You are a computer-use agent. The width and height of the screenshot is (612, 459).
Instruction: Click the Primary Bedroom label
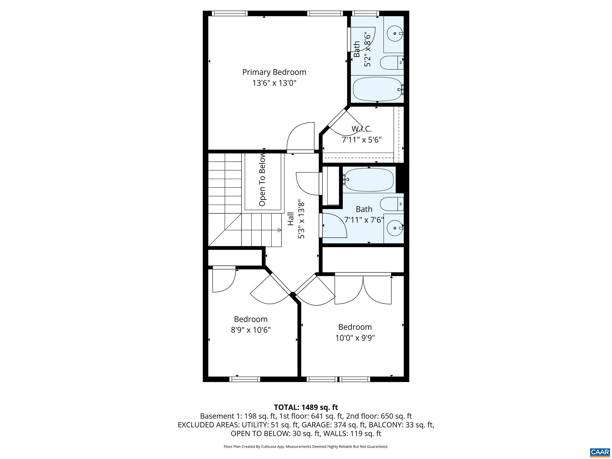274,72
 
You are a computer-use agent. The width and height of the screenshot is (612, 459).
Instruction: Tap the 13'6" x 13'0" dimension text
274,83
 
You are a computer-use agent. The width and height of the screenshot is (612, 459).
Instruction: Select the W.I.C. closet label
362,129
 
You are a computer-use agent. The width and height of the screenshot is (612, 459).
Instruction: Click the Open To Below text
262,180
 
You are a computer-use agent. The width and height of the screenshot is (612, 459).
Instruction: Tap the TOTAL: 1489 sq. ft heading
306,407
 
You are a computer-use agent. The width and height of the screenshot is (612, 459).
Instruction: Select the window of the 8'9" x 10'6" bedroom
245,379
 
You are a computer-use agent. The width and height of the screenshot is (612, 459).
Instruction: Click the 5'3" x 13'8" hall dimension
301,220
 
